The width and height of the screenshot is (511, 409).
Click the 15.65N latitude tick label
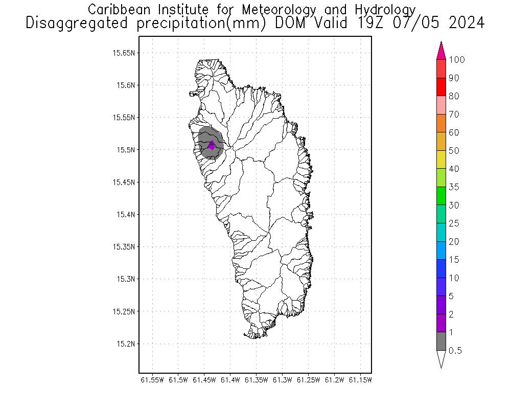tap(124, 53)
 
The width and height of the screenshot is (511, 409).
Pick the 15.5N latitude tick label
tap(126, 150)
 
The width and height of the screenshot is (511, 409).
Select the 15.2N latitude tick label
tap(126, 344)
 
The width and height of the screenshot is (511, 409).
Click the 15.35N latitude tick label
tap(124, 246)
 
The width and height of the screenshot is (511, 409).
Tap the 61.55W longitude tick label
tap(152, 380)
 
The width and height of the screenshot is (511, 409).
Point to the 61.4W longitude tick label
tap(231, 380)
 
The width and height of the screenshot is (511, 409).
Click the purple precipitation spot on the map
tap(212, 146)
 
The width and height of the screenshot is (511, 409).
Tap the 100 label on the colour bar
tap(457, 60)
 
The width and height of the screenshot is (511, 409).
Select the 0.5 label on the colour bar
tap(455, 351)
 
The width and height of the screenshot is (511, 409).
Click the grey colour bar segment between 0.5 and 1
tap(442, 342)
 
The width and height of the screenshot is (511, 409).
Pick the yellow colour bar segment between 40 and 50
tap(442, 160)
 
